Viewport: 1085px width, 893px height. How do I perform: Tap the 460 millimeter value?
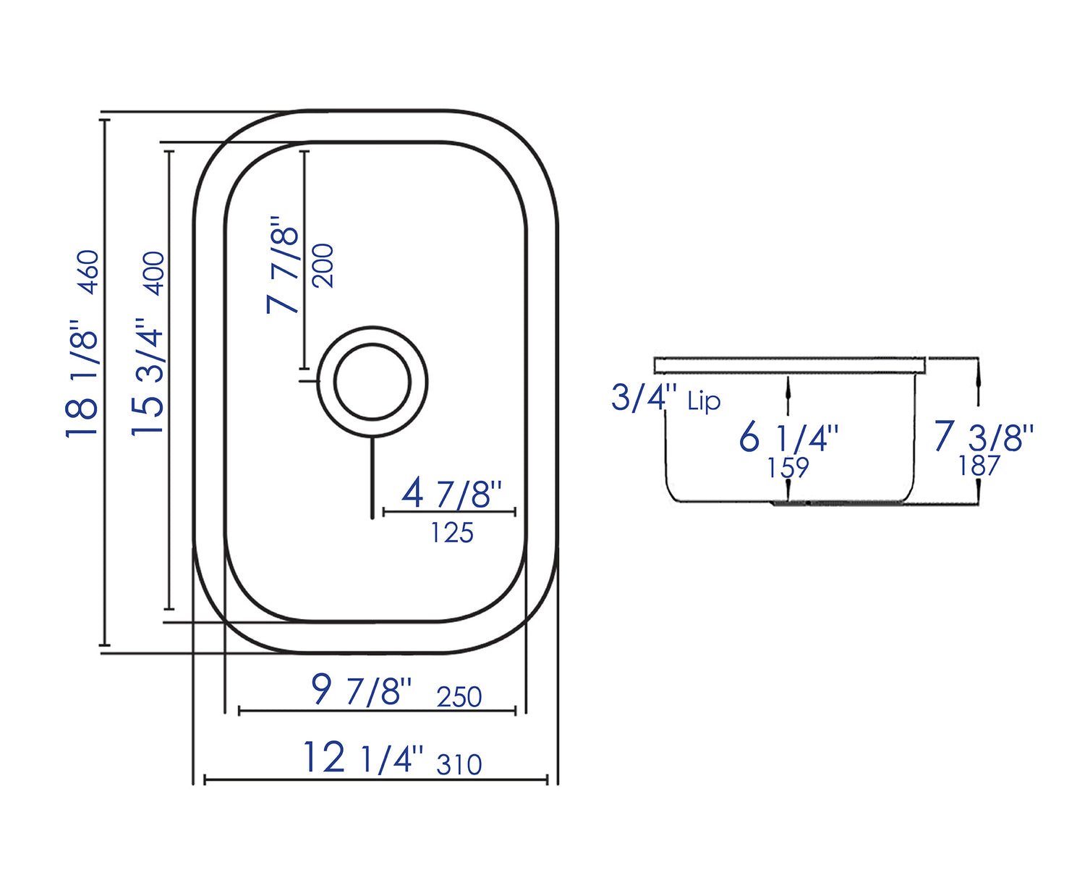point(89,272)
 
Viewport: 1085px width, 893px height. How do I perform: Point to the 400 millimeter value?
point(155,273)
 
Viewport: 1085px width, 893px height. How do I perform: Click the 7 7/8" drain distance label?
point(283,264)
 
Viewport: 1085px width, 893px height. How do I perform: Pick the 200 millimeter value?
point(323,266)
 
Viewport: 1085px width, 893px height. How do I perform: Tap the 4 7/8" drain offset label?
point(451,494)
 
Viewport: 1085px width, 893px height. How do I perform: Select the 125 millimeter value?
point(452,534)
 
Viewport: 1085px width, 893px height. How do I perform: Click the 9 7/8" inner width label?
point(362,690)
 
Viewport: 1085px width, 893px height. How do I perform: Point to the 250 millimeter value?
point(459,697)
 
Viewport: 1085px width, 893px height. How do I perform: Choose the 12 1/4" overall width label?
point(362,759)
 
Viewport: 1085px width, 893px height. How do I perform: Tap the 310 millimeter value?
point(459,765)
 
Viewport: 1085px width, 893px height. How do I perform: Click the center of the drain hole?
point(373,382)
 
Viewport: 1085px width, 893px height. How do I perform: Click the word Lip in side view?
point(704,401)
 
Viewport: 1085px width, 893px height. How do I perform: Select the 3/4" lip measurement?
point(644,398)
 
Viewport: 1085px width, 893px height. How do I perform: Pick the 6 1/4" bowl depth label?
point(788,438)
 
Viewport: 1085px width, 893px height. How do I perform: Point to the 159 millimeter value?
point(788,468)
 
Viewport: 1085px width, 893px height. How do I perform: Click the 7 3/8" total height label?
point(984,437)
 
